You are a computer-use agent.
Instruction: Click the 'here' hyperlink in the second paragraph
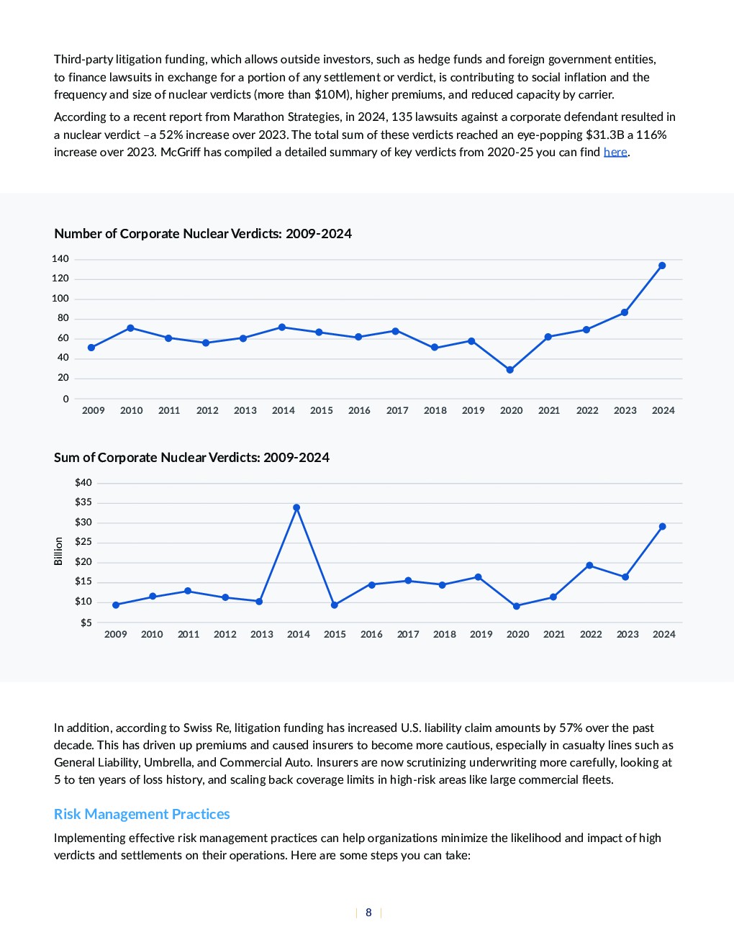tap(615, 152)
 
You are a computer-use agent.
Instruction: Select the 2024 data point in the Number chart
tap(662, 266)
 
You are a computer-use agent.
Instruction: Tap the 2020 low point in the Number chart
tap(509, 370)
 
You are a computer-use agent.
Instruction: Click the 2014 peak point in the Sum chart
tap(296, 507)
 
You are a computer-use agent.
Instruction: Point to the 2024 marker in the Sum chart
tap(662, 526)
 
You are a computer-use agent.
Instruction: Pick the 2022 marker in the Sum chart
tap(589, 565)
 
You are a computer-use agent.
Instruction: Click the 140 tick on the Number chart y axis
tap(60, 259)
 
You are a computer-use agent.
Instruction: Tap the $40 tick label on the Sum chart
tap(83, 482)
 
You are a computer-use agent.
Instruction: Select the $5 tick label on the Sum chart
tap(86, 623)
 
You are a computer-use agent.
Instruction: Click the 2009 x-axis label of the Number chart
tap(93, 410)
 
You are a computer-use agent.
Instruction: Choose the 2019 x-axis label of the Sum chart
tap(481, 634)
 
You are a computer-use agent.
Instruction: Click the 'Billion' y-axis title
tap(58, 551)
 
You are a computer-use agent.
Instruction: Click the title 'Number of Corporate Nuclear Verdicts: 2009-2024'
tap(203, 233)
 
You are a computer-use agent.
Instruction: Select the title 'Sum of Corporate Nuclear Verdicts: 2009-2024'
tap(191, 457)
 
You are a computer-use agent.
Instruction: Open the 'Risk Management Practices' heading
tap(142, 813)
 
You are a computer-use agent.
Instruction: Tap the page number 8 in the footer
tap(368, 912)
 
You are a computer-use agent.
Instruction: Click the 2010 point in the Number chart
tap(130, 328)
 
